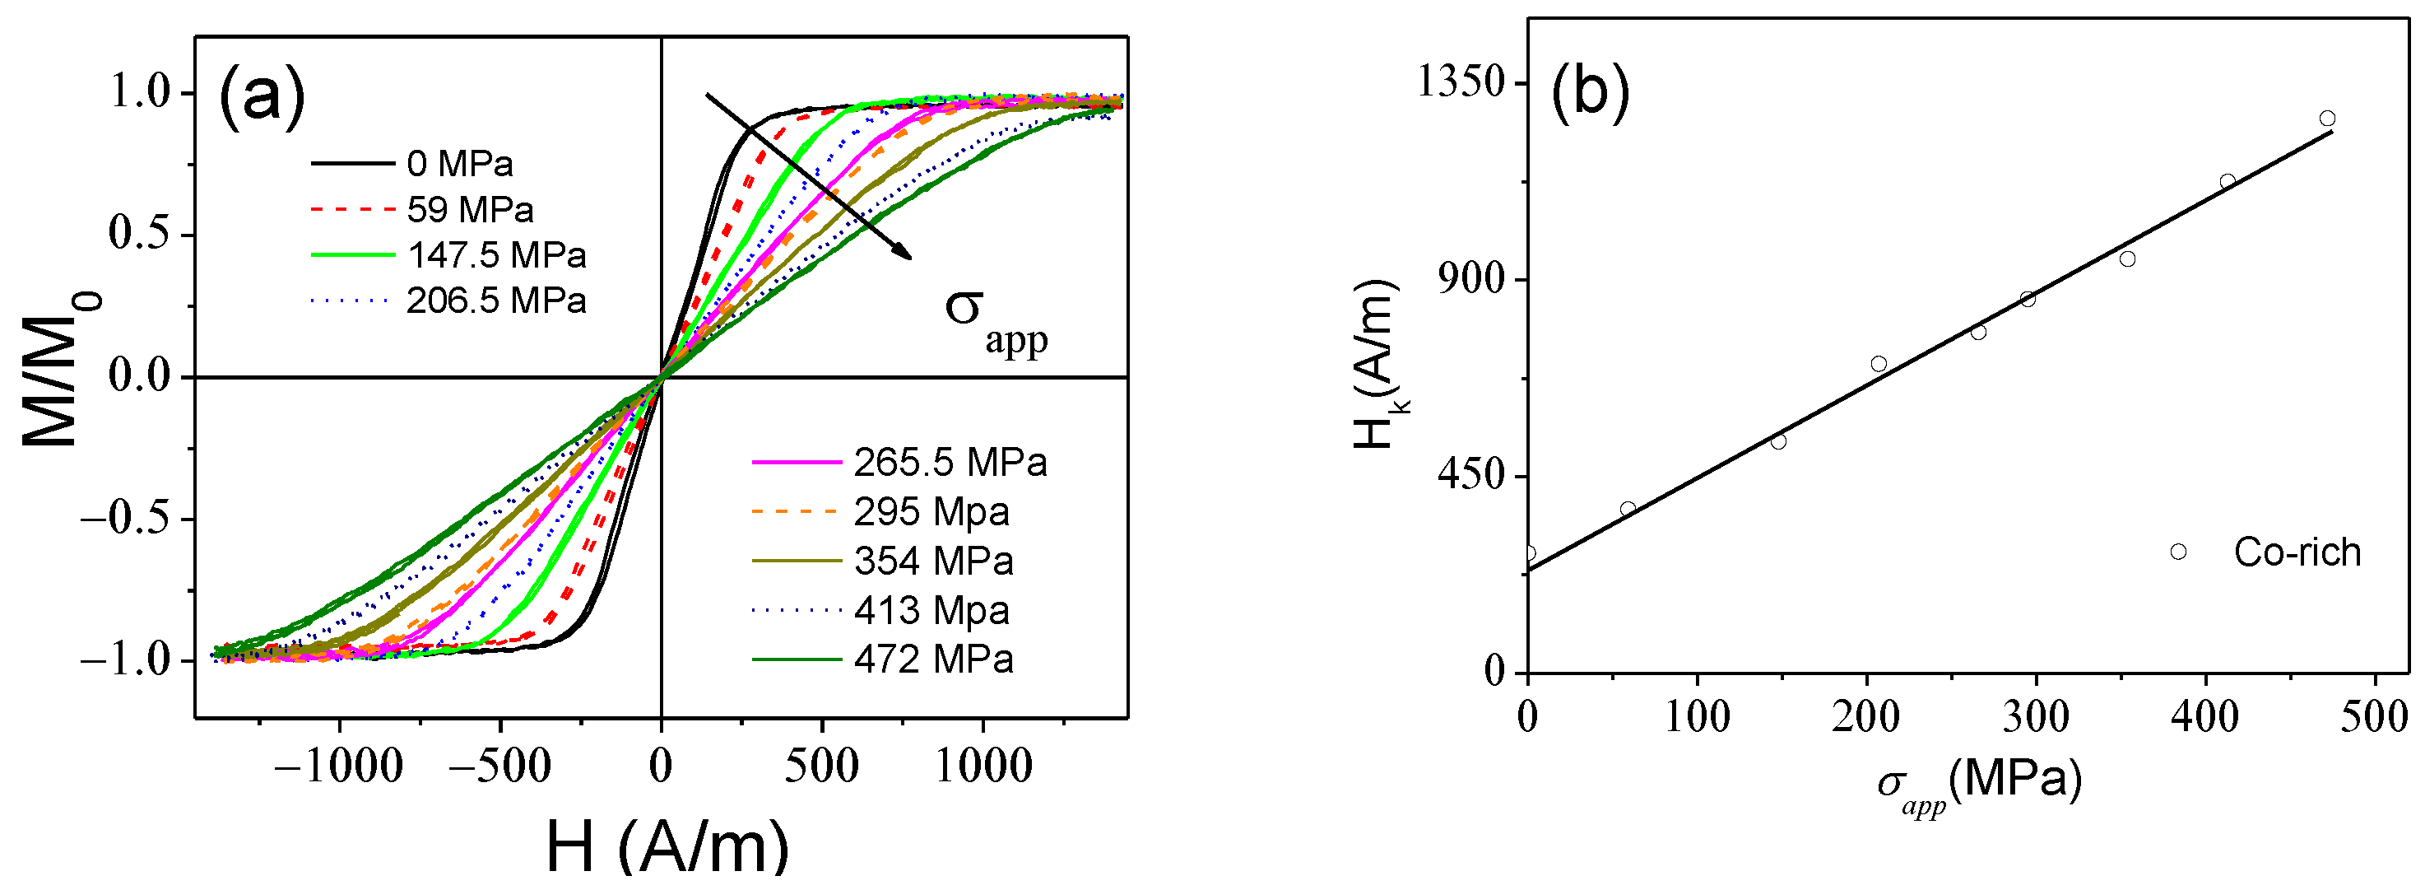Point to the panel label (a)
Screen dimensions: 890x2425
tap(262, 96)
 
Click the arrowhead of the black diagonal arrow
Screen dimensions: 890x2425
tap(906, 254)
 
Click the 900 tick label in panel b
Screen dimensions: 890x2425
tap(1473, 280)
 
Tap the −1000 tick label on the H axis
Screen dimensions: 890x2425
tap(338, 766)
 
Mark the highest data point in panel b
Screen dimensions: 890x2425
tap(2327, 119)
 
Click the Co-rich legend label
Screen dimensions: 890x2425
tap(2297, 552)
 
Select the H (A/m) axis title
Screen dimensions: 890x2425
tap(667, 846)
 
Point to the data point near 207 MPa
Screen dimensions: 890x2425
tap(1878, 365)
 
